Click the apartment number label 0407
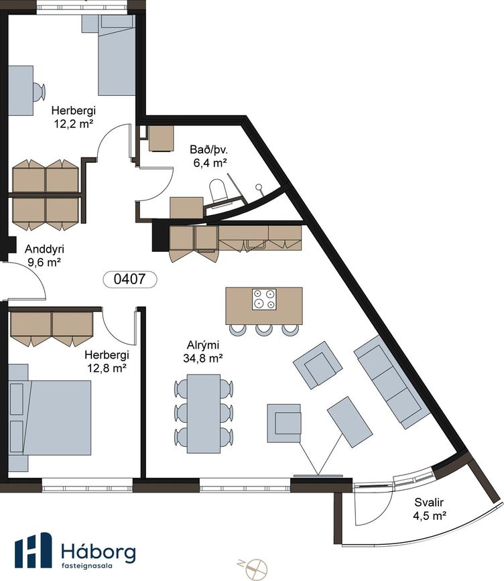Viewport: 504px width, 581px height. point(130,279)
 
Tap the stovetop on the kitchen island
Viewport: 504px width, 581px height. point(264,300)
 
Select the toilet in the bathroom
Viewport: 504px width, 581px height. point(218,190)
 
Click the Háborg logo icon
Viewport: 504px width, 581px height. point(34,550)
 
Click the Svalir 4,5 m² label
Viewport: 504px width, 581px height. point(429,509)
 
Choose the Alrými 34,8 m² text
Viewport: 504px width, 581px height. point(202,352)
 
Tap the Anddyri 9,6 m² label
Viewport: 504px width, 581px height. point(44,256)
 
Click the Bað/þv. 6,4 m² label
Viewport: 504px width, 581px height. point(209,156)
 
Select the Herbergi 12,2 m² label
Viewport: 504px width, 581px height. point(73,117)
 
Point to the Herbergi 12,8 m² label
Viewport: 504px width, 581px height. point(107,361)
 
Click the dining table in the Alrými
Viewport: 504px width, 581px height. point(204,413)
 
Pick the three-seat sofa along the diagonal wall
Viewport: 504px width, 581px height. point(392,382)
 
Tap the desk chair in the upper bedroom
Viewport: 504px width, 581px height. point(39,91)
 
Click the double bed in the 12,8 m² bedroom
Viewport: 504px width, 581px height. point(50,417)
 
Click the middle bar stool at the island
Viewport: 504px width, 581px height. point(264,330)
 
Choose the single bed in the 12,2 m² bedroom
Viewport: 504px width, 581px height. point(116,56)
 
